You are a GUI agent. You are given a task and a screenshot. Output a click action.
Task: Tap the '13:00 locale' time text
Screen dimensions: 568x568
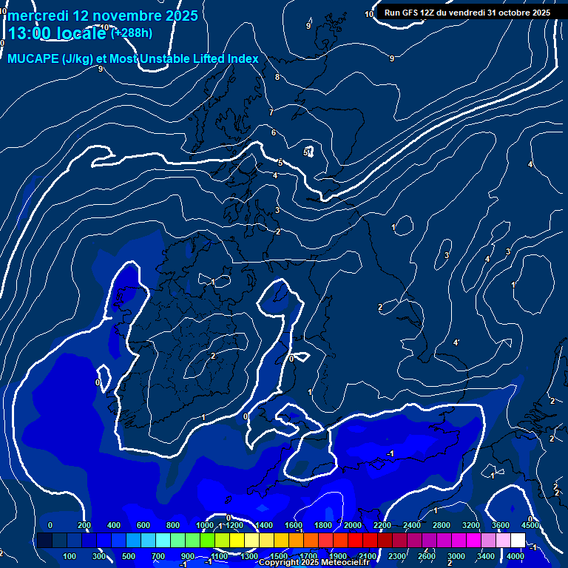pos(58,33)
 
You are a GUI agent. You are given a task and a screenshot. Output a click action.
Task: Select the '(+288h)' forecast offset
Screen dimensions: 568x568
pos(132,33)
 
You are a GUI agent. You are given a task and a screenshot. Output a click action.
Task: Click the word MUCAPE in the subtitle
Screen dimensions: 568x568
pos(33,59)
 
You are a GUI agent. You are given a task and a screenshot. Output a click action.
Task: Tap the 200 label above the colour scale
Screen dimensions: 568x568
pos(84,525)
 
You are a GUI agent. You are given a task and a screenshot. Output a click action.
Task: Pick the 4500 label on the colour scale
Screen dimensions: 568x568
pos(530,525)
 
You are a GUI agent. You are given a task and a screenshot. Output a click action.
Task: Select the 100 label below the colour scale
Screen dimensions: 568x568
pos(70,556)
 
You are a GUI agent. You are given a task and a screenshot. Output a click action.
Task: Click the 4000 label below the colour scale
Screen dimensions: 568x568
pos(515,556)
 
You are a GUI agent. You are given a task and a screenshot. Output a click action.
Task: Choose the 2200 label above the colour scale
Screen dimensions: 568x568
pos(382,525)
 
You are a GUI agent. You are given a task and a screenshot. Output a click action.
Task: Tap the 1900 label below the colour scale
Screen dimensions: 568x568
pos(337,556)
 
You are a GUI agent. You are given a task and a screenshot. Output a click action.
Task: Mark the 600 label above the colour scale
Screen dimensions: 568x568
pos(143,525)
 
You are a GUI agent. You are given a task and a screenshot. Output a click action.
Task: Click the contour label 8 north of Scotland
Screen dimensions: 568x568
pos(277,77)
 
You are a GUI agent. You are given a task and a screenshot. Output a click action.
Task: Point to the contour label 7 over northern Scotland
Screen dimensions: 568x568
pos(271,112)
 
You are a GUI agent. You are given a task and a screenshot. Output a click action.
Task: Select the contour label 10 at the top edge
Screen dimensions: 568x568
pos(369,14)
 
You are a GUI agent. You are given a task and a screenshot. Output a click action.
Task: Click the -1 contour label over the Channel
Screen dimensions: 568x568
pos(390,453)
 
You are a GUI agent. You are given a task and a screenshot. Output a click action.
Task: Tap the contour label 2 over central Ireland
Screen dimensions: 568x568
pos(213,356)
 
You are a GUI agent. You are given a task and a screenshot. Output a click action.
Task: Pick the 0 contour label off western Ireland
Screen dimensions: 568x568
pos(98,382)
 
